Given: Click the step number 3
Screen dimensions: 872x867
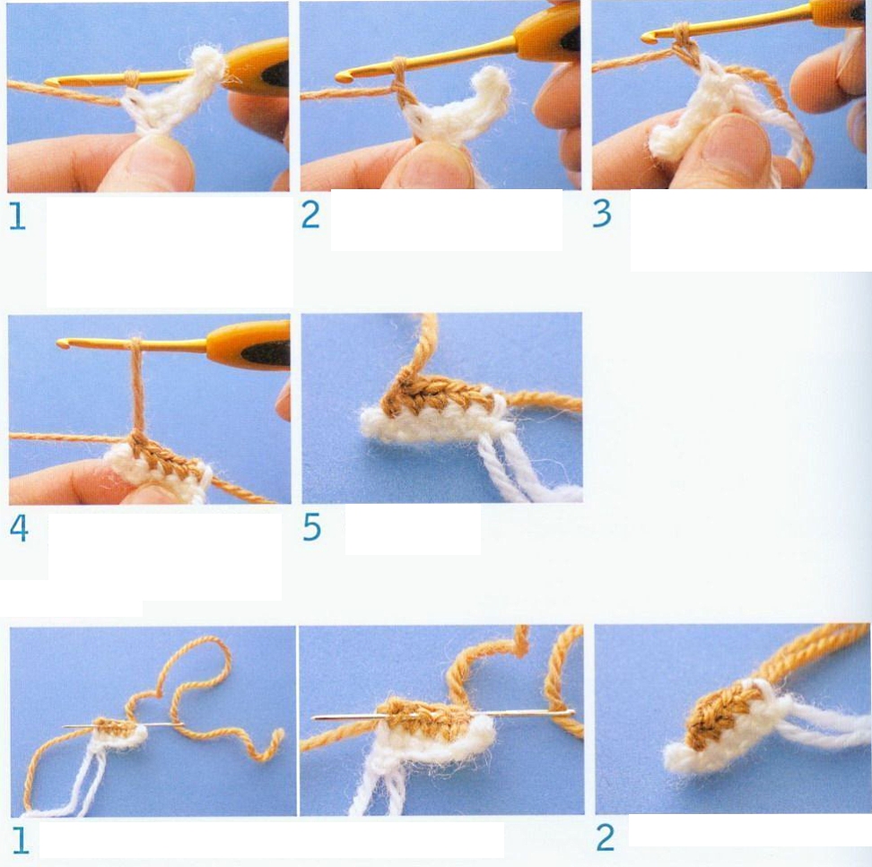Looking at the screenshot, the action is pyautogui.click(x=602, y=213).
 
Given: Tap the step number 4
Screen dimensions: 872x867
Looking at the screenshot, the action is pyautogui.click(x=19, y=528).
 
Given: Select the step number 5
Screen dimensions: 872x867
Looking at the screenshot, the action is pyautogui.click(x=311, y=527).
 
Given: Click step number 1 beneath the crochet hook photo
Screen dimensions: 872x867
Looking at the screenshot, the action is pyautogui.click(x=17, y=216).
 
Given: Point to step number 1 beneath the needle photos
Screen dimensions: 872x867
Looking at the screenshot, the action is pyautogui.click(x=20, y=841).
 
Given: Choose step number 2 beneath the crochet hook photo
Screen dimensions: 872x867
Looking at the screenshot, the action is pyautogui.click(x=310, y=214).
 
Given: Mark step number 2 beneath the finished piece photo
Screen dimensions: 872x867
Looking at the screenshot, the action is pyautogui.click(x=605, y=838).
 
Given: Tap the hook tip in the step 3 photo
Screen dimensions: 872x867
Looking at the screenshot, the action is pyautogui.click(x=647, y=38).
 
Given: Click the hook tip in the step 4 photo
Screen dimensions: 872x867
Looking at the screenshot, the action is pyautogui.click(x=62, y=344).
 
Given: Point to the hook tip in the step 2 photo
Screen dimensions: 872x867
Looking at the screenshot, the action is pyautogui.click(x=343, y=77).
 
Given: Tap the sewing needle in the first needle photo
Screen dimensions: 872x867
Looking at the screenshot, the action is pyautogui.click(x=123, y=725).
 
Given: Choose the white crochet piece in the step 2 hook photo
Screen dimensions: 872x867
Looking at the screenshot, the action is pyautogui.click(x=456, y=108).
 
